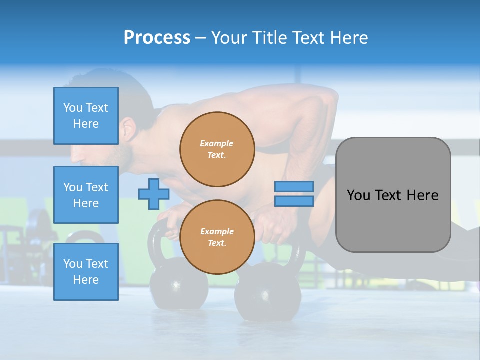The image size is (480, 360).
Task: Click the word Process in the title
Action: [157, 38]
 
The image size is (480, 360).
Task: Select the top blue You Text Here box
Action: [86, 116]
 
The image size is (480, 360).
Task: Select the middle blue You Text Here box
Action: [86, 195]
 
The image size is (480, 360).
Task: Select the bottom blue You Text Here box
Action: [86, 271]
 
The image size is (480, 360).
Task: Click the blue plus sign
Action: [153, 194]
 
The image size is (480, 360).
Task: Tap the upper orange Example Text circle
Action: [217, 149]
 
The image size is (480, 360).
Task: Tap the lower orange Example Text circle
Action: [217, 237]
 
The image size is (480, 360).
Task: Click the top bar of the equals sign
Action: [294, 186]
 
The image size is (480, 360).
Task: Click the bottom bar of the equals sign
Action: [294, 201]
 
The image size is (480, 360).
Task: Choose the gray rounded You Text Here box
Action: [393, 195]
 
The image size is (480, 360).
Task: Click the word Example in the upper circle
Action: [217, 143]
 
